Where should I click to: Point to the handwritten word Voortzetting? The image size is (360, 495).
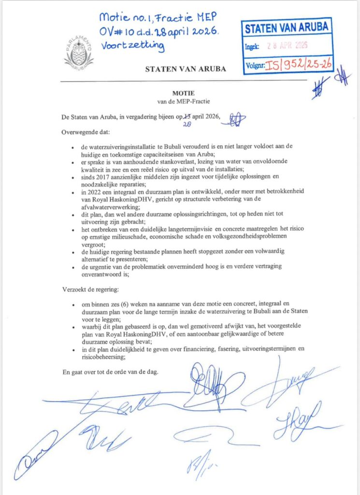point(133,47)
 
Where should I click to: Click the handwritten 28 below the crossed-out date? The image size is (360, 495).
point(186,124)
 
